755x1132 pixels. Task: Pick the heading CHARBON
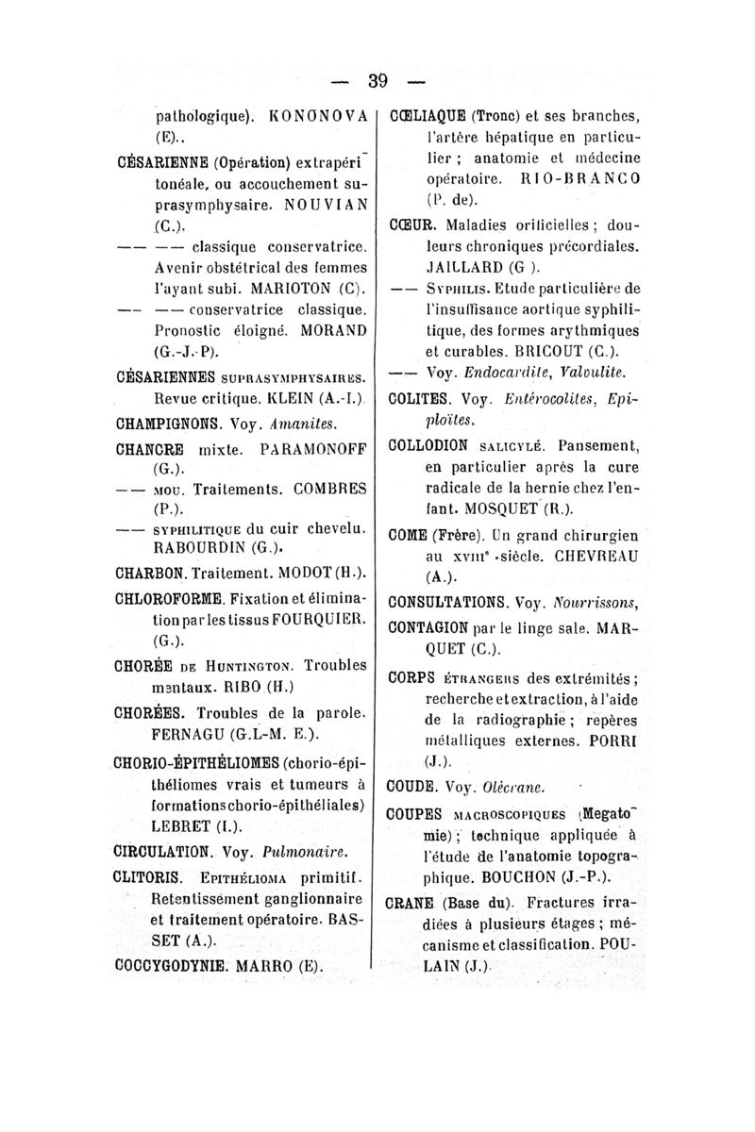coord(161,573)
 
